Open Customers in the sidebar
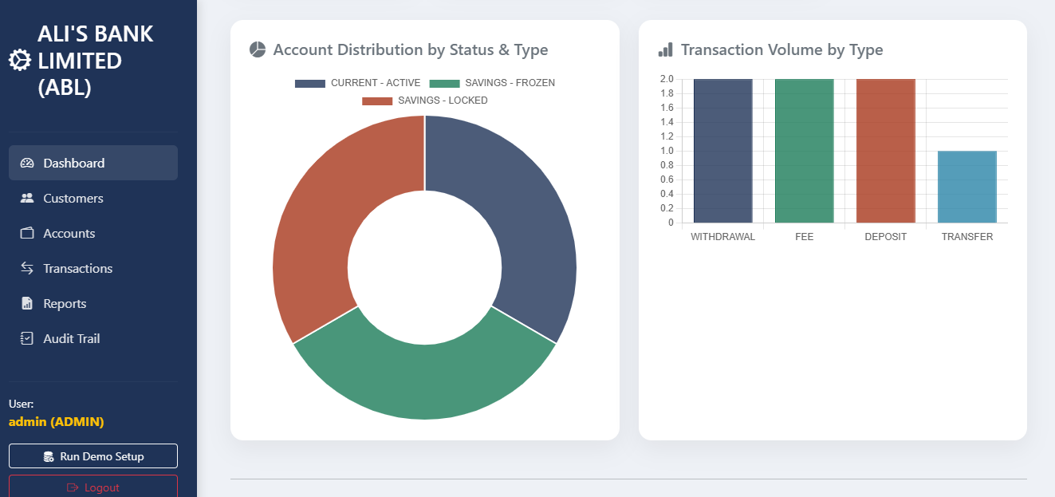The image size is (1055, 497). pyautogui.click(x=73, y=198)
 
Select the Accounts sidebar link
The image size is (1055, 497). pyautogui.click(x=69, y=233)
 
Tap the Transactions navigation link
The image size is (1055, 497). pyautogui.click(x=77, y=268)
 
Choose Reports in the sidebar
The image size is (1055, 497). pyautogui.click(x=65, y=303)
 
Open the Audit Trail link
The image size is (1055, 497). pyautogui.click(x=72, y=338)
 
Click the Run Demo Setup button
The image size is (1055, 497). pyautogui.click(x=93, y=456)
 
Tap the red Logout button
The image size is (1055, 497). pyautogui.click(x=93, y=487)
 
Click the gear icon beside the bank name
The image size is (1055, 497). pyautogui.click(x=19, y=61)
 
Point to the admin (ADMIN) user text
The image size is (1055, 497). pyautogui.click(x=57, y=421)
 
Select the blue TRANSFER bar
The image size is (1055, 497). pyautogui.click(x=966, y=187)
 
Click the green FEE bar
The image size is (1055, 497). pyautogui.click(x=804, y=151)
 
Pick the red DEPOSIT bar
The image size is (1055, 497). pyautogui.click(x=885, y=151)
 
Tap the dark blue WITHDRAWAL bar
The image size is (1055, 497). pyautogui.click(x=722, y=151)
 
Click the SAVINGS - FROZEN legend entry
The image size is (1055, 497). pyautogui.click(x=492, y=83)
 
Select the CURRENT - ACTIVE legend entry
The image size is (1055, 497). pyautogui.click(x=358, y=83)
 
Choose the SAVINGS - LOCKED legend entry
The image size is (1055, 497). pyautogui.click(x=425, y=101)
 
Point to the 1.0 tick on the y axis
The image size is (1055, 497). pyautogui.click(x=667, y=151)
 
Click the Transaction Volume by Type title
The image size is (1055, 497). pyautogui.click(x=781, y=49)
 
